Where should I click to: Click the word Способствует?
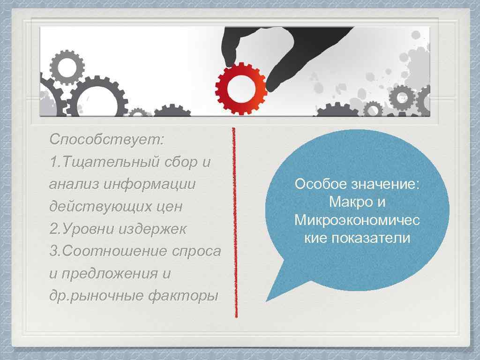[106, 140]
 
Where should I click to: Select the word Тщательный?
[112, 162]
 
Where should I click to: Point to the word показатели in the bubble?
[370, 238]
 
